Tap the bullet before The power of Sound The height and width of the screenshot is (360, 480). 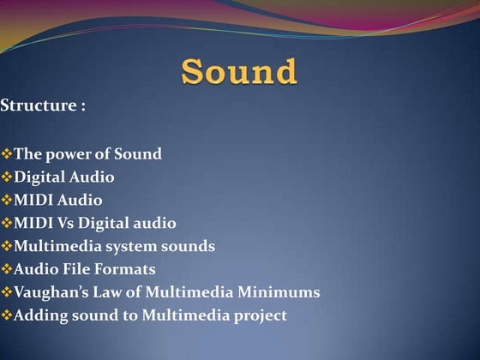[x=7, y=154]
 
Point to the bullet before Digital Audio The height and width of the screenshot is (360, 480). [x=7, y=177]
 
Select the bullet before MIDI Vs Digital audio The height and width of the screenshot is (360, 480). [x=7, y=224]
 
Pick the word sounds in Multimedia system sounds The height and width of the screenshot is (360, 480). [x=190, y=247]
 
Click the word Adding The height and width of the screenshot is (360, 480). [x=39, y=316]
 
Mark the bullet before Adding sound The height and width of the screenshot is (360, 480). [x=7, y=316]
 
